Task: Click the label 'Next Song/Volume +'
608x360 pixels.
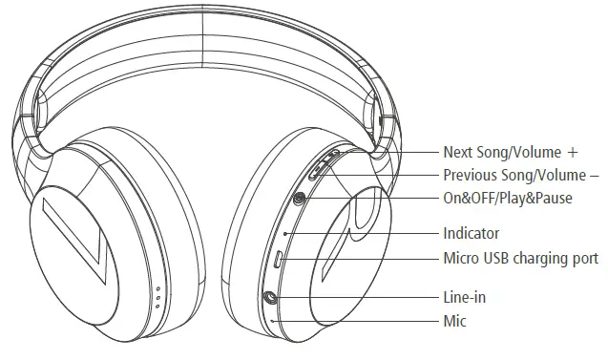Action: [x=511, y=152]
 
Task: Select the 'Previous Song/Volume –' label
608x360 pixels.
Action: [x=521, y=175]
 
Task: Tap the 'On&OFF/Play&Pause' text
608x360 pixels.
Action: [x=507, y=198]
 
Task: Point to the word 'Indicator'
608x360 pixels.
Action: [x=471, y=233]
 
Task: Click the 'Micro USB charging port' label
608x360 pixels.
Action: [x=520, y=258]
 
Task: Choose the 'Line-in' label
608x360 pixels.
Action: [x=464, y=297]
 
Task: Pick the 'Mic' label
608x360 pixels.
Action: [x=454, y=321]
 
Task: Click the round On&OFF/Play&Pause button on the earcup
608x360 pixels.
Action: [x=301, y=199]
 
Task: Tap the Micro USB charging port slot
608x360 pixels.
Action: [x=278, y=259]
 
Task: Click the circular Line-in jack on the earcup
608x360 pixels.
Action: [x=272, y=297]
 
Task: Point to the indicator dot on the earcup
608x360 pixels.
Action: [x=285, y=233]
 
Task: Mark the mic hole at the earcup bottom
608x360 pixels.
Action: [x=274, y=321]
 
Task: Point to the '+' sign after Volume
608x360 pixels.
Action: [x=573, y=152]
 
